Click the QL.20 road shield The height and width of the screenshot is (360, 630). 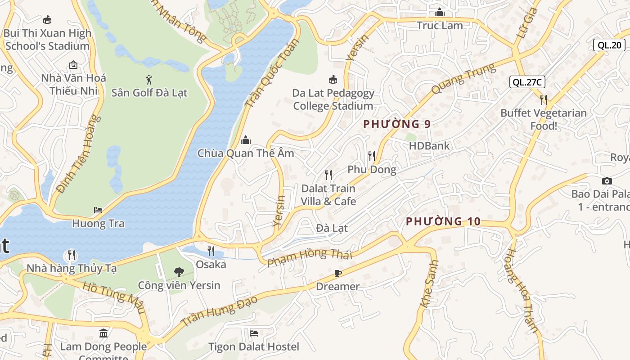(609, 45)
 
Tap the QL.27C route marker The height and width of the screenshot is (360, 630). (527, 82)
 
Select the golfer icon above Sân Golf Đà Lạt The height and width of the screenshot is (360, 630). (149, 80)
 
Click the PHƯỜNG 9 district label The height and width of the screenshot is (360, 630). (397, 124)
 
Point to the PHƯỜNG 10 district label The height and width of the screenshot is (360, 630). (443, 221)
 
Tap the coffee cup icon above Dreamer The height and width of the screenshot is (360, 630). (338, 273)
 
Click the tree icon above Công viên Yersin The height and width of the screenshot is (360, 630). (179, 272)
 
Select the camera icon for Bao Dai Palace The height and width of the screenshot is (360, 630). (607, 181)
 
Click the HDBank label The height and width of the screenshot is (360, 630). (429, 146)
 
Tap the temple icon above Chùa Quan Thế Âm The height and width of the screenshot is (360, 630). (245, 140)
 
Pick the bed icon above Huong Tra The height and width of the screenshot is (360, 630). (98, 210)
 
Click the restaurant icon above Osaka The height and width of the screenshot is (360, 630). (211, 251)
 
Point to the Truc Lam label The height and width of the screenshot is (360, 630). (440, 26)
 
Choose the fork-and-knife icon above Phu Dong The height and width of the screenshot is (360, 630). (371, 156)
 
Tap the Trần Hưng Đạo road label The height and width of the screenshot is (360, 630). (219, 311)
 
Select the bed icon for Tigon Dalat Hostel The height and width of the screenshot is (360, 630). (254, 333)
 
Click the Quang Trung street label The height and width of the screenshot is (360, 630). (463, 78)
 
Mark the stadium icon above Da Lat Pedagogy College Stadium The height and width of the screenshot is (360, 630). (333, 80)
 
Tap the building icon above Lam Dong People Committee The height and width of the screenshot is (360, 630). (103, 333)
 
